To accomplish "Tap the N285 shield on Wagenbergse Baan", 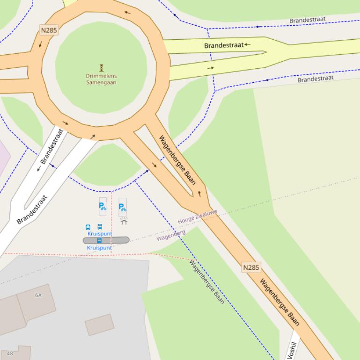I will (x=251, y=268).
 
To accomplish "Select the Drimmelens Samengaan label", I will (x=101, y=79).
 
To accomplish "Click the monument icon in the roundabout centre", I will (x=101, y=68).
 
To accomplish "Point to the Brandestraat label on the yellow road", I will (x=224, y=45).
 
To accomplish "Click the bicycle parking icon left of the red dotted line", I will (x=103, y=205).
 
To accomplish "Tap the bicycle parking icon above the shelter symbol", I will (x=123, y=206).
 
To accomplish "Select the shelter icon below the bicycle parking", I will (x=124, y=221).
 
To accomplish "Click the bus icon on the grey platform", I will (x=99, y=240).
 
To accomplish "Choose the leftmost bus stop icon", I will (x=88, y=227).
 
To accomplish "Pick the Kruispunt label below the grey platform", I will (x=99, y=248).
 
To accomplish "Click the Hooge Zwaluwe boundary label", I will (x=197, y=217).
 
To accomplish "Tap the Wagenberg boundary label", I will (x=171, y=235).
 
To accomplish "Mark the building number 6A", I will (x=38, y=295).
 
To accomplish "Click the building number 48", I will (x=10, y=353).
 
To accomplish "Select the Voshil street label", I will (x=292, y=349).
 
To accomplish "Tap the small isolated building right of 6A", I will (x=99, y=324).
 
